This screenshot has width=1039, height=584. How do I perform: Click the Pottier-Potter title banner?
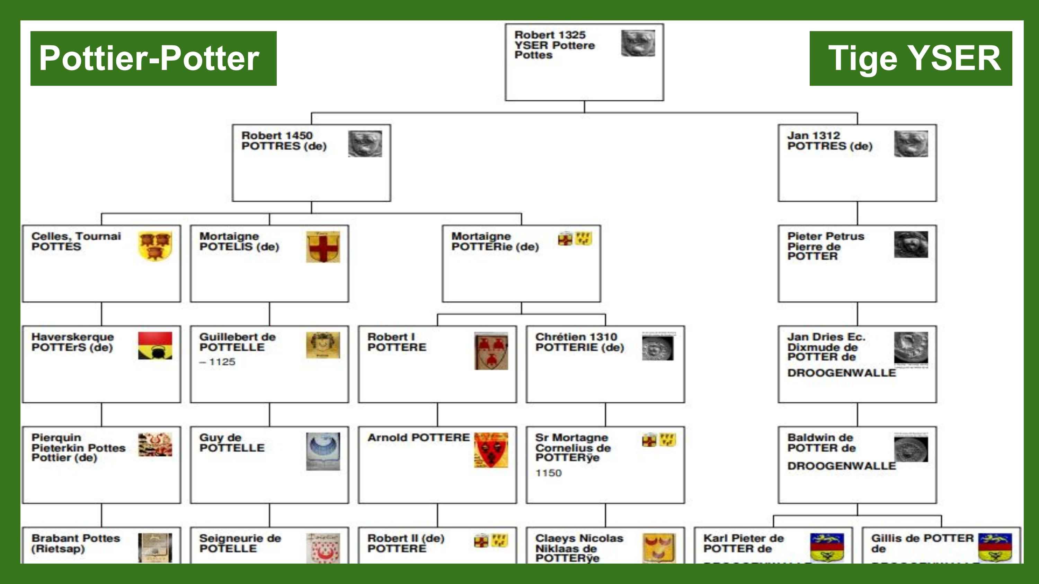click(x=153, y=58)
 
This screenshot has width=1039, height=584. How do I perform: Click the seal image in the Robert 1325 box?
click(x=638, y=43)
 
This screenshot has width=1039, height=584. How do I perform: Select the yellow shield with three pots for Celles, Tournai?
click(x=155, y=245)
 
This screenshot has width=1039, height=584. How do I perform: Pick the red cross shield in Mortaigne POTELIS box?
click(x=323, y=247)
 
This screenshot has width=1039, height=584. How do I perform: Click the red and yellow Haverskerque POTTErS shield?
click(x=155, y=345)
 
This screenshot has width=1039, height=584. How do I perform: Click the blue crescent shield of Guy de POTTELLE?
click(x=323, y=451)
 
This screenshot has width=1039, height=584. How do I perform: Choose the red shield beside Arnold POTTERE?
click(x=491, y=450)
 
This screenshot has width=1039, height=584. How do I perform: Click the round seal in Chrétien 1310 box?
click(x=657, y=348)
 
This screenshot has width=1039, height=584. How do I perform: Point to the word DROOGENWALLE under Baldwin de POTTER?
click(x=841, y=466)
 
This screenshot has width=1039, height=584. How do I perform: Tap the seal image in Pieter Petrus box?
click(x=911, y=244)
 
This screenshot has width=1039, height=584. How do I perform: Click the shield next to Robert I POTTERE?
click(x=491, y=350)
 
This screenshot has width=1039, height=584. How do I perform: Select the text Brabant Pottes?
click(x=76, y=538)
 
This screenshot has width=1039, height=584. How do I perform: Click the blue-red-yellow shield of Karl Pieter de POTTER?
click(x=827, y=547)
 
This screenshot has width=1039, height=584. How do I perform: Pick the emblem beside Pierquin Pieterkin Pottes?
click(x=155, y=445)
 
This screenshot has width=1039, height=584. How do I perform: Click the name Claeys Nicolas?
click(x=579, y=538)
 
